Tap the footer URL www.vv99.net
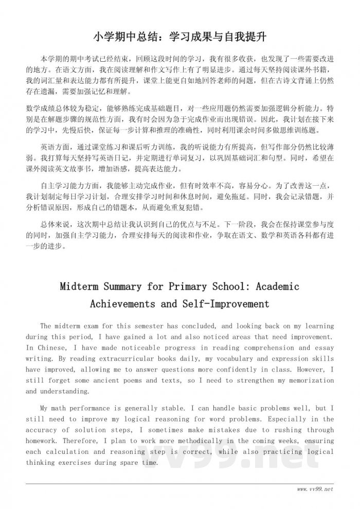[x=315, y=488]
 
